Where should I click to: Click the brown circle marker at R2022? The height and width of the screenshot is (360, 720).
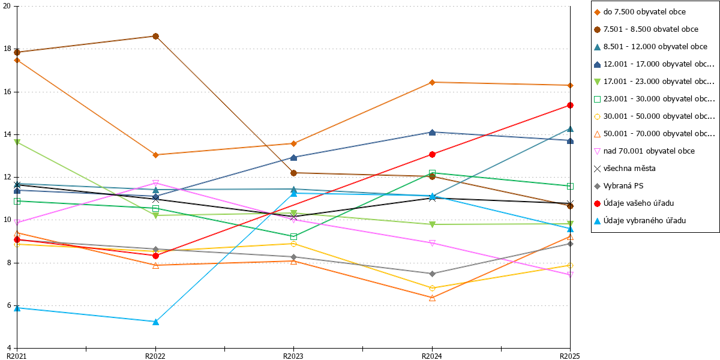click(155, 37)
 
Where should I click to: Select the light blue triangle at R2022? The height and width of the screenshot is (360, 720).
click(155, 322)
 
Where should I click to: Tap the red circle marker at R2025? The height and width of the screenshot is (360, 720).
click(570, 106)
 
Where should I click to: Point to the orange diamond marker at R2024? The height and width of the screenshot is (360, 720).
click(433, 83)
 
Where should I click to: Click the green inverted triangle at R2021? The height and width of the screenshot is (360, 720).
click(17, 142)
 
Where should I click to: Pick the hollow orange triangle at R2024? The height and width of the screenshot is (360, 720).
click(433, 298)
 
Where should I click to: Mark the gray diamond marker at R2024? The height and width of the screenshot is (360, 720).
click(433, 274)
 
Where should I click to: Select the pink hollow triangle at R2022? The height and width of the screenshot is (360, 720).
click(155, 183)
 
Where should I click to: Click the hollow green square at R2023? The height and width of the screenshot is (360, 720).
click(293, 237)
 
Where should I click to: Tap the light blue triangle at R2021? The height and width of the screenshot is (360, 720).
click(17, 308)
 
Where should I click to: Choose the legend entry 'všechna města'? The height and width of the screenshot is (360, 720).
click(625, 169)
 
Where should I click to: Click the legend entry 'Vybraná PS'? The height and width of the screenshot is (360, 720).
click(619, 186)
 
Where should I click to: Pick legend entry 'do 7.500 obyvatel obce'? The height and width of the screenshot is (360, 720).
click(640, 12)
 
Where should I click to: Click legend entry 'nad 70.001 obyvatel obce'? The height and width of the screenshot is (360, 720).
click(644, 151)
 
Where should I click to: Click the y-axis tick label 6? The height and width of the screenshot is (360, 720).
click(9, 305)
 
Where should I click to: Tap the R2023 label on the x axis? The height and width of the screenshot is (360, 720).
click(293, 356)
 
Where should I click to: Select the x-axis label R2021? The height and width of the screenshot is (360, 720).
click(17, 356)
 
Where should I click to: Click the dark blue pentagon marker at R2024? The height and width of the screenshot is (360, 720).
click(433, 133)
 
